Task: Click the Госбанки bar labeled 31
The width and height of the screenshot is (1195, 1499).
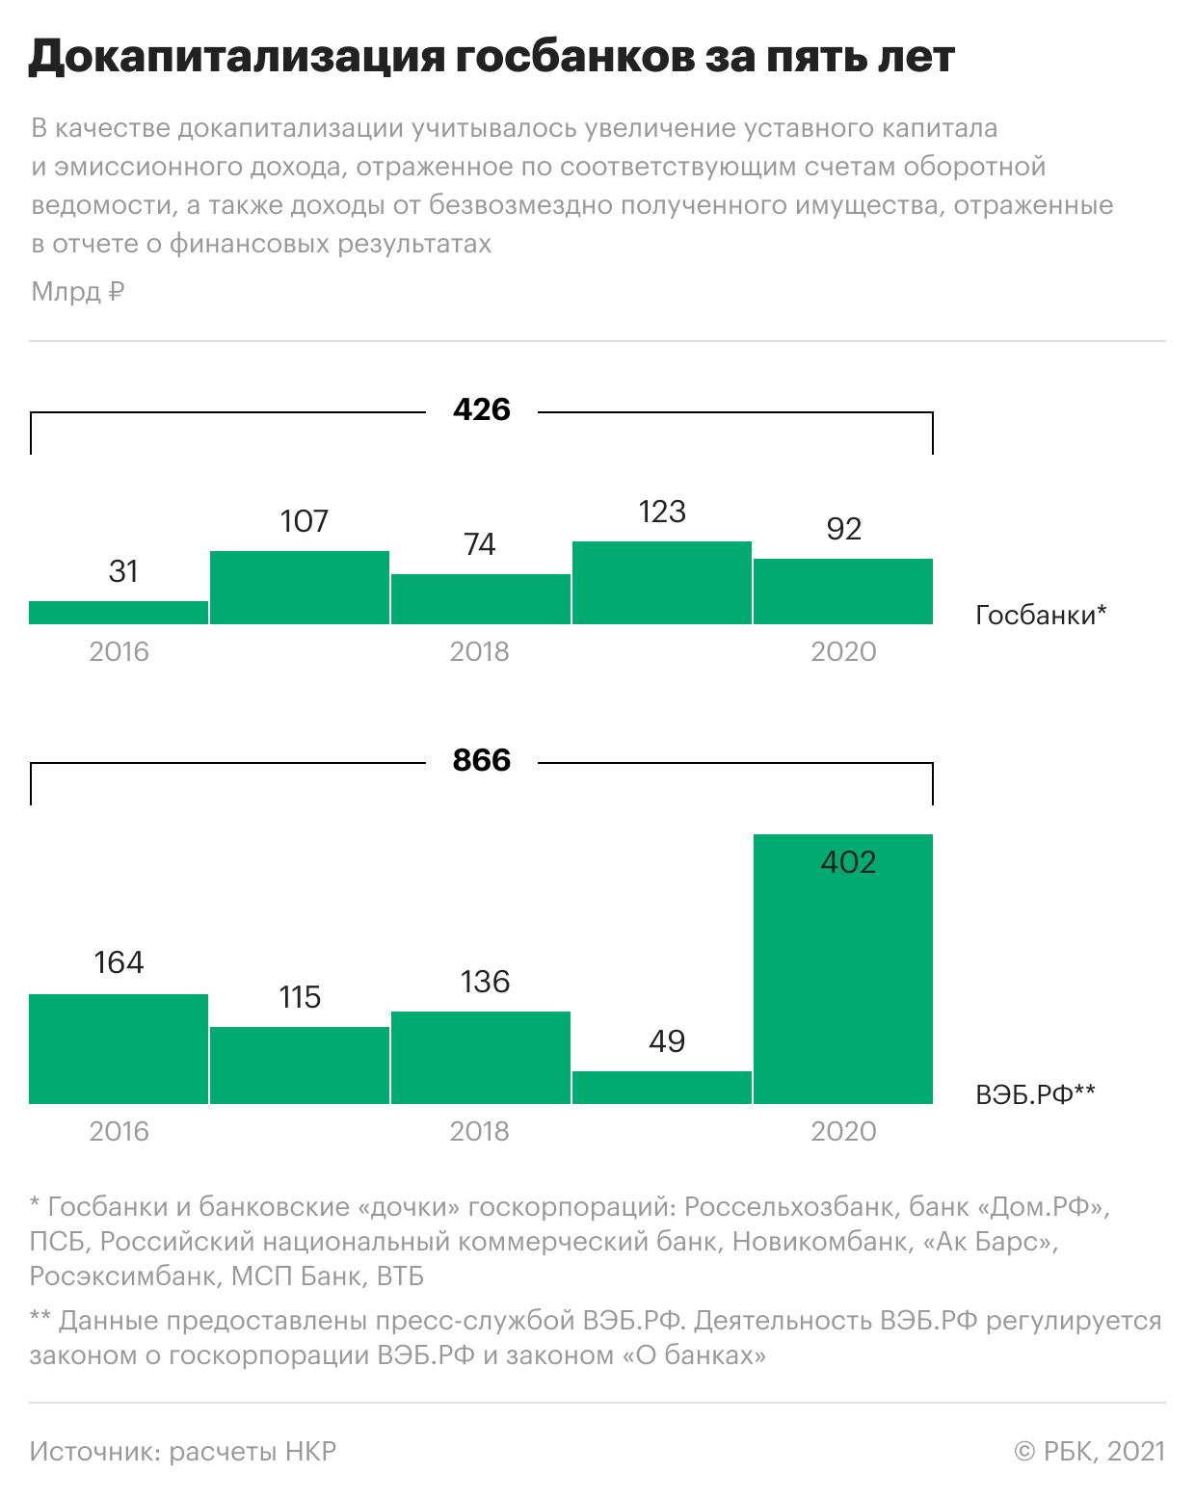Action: (x=119, y=613)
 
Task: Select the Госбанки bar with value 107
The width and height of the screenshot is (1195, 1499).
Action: (x=300, y=588)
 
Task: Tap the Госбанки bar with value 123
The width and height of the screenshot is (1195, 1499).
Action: (x=662, y=583)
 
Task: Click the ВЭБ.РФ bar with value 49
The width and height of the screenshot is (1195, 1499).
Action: (x=662, y=1088)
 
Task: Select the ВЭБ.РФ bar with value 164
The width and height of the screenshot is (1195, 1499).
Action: (x=119, y=1049)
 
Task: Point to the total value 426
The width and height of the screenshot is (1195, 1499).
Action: (x=482, y=410)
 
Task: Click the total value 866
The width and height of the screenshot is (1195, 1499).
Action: (x=482, y=761)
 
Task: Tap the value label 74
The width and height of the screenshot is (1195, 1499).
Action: (x=480, y=545)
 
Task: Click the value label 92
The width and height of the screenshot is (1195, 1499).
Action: (x=844, y=529)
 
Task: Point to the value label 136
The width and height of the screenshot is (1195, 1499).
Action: (x=485, y=983)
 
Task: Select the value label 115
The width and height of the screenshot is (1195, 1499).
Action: (x=300, y=998)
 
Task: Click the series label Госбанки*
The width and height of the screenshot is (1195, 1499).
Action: (x=1041, y=616)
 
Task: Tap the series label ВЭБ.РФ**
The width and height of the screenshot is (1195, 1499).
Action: (x=1035, y=1094)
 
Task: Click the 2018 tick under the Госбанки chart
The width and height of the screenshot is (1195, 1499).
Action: (x=480, y=652)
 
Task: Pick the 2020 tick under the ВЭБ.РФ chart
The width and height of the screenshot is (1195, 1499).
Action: (x=844, y=1132)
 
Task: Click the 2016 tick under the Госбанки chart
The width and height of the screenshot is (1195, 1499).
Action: (x=119, y=652)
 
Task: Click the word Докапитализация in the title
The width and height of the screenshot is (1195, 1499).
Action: (x=236, y=58)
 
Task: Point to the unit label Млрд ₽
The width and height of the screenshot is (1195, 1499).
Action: (x=78, y=292)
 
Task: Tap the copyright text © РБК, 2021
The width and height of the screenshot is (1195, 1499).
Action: (x=1090, y=1452)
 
